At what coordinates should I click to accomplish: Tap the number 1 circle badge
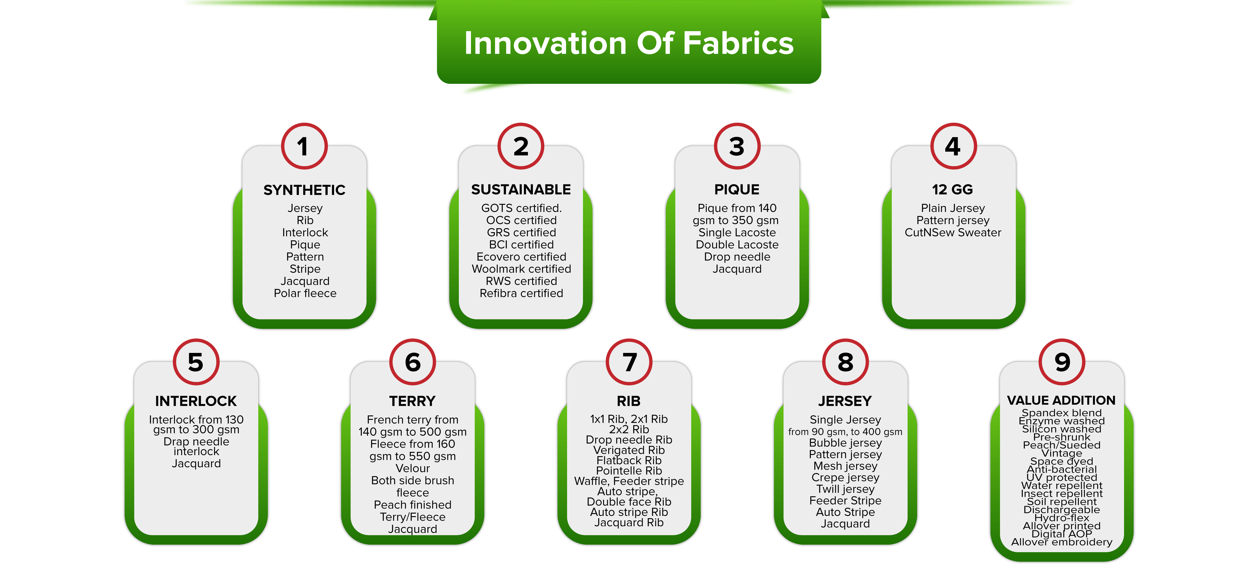tap(304, 146)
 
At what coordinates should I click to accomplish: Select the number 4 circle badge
tap(953, 146)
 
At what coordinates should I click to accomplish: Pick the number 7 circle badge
tap(629, 362)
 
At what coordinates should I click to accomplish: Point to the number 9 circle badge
tap(1062, 362)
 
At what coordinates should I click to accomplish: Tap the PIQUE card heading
tap(737, 190)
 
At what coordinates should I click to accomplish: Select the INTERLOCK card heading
tap(196, 401)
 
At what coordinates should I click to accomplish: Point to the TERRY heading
tap(412, 401)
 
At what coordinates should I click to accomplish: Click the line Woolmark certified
tap(521, 269)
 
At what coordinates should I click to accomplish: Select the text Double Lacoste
tap(737, 245)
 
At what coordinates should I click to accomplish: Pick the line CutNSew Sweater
tap(953, 233)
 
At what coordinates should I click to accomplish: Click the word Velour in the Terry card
tap(413, 468)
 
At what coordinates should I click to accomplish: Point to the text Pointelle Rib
tap(629, 471)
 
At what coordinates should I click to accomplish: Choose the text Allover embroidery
tap(1062, 542)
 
